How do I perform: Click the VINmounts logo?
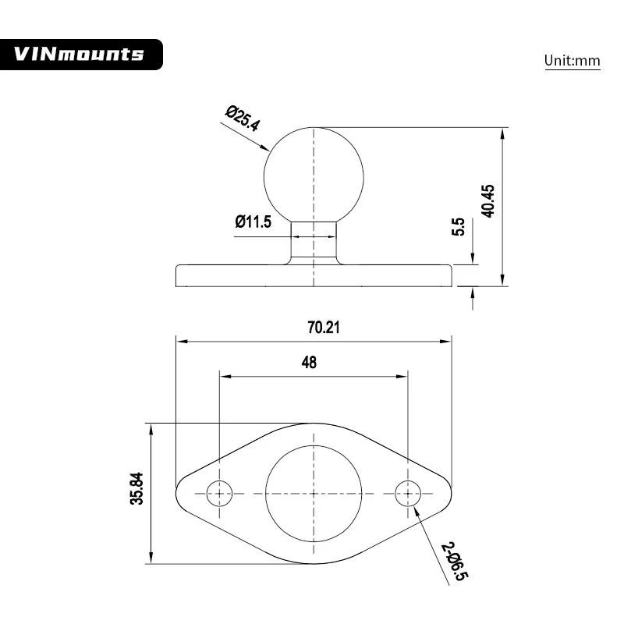(81, 54)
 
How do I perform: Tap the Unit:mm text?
(572, 61)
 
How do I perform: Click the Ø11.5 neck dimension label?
(253, 222)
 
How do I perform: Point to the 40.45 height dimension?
(488, 201)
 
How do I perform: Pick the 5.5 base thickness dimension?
(459, 227)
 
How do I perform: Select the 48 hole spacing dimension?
(309, 363)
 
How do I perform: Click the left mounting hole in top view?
(219, 493)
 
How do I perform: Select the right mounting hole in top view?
(407, 493)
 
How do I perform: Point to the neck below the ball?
(314, 242)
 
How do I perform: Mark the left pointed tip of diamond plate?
(179, 493)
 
